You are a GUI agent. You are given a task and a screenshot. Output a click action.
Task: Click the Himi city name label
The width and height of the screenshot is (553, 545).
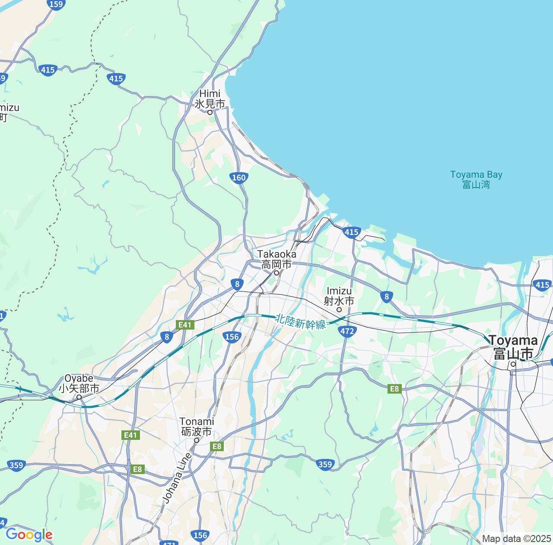[x=210, y=99]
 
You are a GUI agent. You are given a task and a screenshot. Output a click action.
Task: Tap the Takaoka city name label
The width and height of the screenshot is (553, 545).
[x=277, y=259]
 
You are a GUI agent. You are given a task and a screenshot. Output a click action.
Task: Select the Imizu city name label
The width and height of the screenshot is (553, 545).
[x=340, y=296]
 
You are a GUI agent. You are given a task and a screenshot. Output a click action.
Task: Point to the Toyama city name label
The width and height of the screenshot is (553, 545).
[x=513, y=347]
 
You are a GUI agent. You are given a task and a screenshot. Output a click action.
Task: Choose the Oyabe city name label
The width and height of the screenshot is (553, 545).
[x=79, y=383]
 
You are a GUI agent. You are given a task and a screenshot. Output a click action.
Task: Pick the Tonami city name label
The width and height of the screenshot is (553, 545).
[x=197, y=426]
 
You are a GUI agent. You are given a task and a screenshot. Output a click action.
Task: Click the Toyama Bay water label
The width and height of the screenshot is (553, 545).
[x=476, y=180]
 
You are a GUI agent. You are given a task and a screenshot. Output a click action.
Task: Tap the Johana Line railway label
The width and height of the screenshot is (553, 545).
[x=177, y=478]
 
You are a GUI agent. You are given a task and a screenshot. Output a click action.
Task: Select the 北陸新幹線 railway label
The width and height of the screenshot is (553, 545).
[x=301, y=321]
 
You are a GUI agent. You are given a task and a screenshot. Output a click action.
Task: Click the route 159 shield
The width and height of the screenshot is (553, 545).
[x=56, y=4]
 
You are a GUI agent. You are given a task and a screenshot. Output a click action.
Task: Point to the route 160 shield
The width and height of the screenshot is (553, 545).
[x=238, y=177]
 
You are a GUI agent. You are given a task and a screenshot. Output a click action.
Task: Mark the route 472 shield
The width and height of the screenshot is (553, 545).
[x=347, y=331]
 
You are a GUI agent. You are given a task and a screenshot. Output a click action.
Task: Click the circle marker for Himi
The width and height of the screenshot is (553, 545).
[x=210, y=112]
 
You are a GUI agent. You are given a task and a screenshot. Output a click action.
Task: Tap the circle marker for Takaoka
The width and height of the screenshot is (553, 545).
[x=276, y=273]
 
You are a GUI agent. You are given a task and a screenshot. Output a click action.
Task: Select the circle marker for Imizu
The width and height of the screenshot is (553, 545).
[x=339, y=309]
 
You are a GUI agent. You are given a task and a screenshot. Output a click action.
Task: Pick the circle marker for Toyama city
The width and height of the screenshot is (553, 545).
[x=513, y=364]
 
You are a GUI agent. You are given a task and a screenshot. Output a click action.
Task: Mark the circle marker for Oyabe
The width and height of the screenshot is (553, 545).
[x=79, y=397]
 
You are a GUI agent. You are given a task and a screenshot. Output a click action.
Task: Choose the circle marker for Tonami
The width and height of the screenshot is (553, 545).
[x=196, y=440]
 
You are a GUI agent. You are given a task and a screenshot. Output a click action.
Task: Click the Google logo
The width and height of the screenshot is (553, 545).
[x=29, y=535]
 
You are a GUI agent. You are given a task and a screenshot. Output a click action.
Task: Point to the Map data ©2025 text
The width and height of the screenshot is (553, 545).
[x=516, y=539]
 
